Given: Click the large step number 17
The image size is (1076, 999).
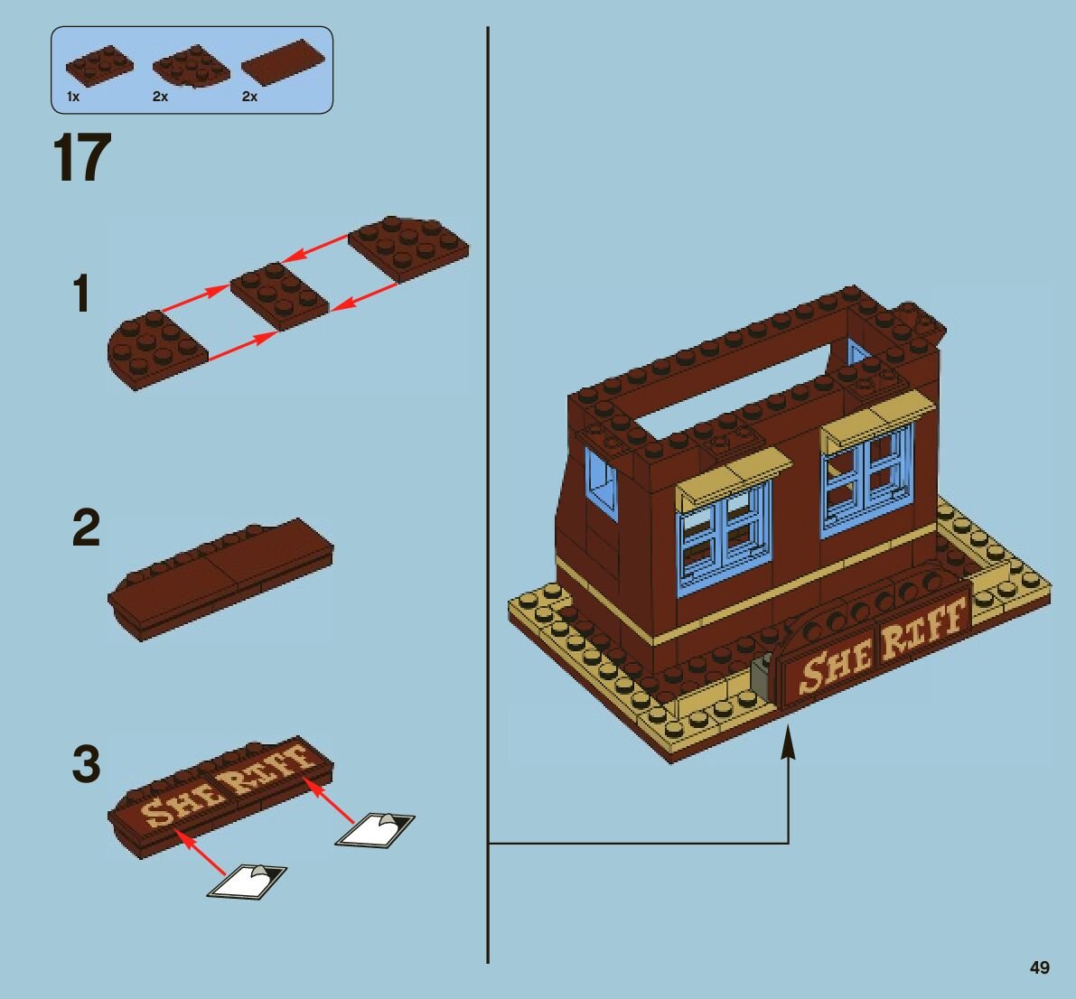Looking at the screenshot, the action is [x=83, y=159].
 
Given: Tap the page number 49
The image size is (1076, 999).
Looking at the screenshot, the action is [x=1039, y=967].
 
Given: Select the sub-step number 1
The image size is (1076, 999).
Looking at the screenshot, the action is [x=82, y=294].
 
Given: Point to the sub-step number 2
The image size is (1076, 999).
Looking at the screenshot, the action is [x=86, y=528].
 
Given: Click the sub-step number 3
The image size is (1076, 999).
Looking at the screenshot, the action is [x=86, y=764].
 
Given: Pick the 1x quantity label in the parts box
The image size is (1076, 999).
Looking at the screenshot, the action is [x=73, y=97].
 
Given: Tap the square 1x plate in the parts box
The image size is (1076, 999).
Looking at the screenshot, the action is [x=98, y=65].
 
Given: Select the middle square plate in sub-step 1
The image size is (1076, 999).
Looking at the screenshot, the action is [x=279, y=294].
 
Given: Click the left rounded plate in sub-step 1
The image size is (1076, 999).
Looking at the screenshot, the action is [x=157, y=348].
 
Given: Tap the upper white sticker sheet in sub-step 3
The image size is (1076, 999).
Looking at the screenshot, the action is [x=375, y=829].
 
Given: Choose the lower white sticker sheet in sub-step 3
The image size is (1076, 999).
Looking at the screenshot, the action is [x=247, y=881].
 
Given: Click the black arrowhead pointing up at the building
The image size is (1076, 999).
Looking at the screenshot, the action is [x=789, y=746].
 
